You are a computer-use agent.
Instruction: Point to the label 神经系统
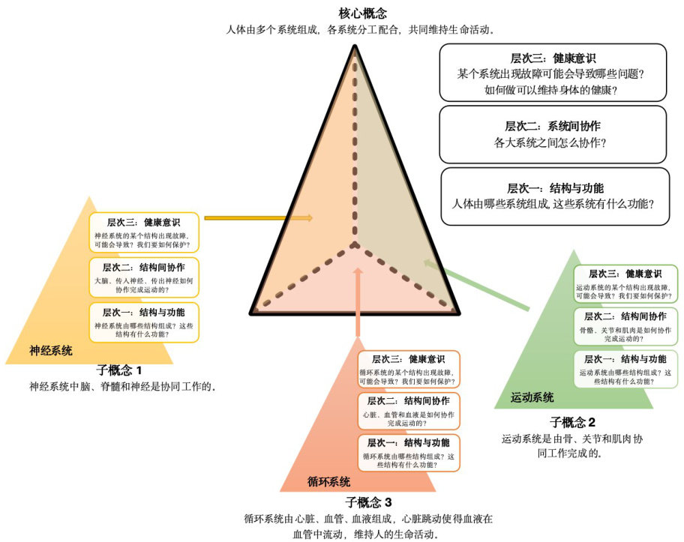[x=51, y=350]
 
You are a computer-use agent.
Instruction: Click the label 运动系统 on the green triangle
[x=532, y=397]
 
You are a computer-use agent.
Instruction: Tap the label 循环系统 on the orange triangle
[x=329, y=481]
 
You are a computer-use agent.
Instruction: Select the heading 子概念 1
[x=119, y=370]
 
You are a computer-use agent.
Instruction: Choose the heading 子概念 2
[x=572, y=421]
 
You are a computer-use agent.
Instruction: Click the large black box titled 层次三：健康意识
[x=553, y=73]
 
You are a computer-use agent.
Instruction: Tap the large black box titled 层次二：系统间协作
[x=553, y=134]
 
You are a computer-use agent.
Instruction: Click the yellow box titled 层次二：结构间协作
[x=144, y=278]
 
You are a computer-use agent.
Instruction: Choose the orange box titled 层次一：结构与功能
[x=409, y=452]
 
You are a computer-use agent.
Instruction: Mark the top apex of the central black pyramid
[x=355, y=46]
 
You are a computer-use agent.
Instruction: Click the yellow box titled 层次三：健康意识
[x=144, y=233]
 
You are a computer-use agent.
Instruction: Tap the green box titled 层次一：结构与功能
[x=625, y=369]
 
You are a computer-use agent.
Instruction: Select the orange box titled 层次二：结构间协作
[x=409, y=411]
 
